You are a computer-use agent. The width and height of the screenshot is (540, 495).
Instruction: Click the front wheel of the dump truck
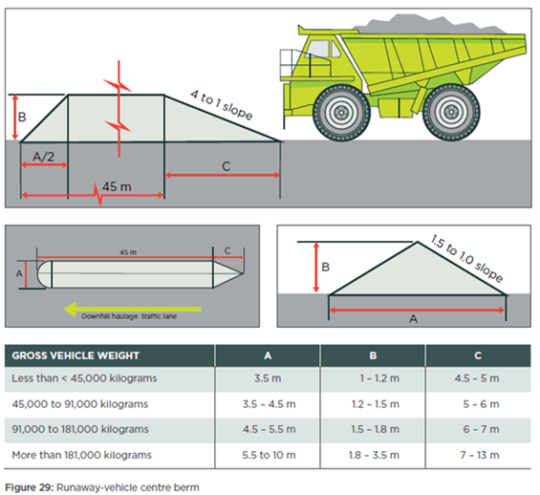coord(341,112)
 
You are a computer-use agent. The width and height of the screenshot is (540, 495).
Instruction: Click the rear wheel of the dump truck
coord(451,112)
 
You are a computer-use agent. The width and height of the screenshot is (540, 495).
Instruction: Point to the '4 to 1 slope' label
coord(222,105)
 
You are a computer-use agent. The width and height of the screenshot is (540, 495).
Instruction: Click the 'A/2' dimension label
coord(43,157)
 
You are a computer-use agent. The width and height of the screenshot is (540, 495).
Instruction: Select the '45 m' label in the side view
coord(117,186)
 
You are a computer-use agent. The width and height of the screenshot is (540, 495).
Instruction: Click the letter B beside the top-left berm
coord(22,117)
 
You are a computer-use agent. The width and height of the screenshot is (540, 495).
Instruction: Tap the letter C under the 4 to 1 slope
coord(226,166)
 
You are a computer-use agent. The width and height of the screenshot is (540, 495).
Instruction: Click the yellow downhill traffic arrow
coord(132,309)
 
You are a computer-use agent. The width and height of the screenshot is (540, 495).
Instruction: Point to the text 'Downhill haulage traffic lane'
coord(129,316)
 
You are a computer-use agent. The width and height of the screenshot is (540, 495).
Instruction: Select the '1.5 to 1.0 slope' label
coord(466,258)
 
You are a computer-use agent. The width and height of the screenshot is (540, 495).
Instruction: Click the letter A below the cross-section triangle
coord(413,319)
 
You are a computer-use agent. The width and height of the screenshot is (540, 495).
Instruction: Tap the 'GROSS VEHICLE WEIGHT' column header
coord(76,355)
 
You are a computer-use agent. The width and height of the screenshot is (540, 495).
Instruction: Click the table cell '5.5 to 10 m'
coord(269,455)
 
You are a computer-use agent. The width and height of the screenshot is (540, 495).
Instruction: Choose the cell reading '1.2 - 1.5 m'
coord(376,404)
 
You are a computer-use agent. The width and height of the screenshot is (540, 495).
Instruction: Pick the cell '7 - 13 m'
coord(480,455)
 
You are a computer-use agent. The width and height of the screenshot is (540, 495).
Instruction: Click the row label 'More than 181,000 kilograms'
coord(81,455)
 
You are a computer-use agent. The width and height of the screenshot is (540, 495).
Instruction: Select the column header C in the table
coord(478,355)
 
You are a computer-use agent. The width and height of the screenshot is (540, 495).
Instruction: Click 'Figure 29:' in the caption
coord(30,487)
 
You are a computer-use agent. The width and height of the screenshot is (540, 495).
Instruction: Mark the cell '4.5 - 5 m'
coord(477,378)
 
